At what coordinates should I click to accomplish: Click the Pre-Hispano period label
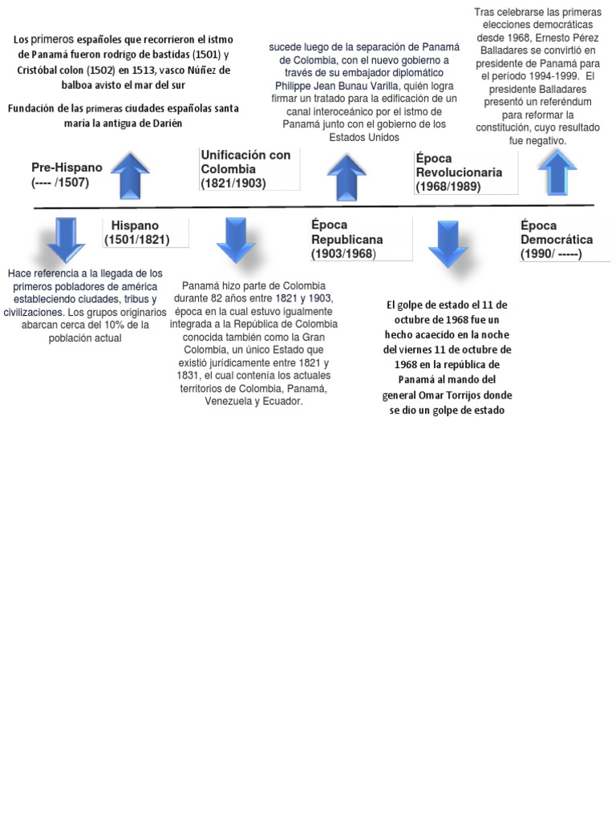(x=67, y=175)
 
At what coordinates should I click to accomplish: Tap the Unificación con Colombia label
(x=245, y=168)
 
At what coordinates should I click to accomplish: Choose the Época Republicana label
(x=346, y=239)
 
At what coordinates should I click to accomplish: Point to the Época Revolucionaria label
(x=459, y=172)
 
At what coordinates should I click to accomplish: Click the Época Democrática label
(x=557, y=239)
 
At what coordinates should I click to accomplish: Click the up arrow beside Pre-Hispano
(x=130, y=176)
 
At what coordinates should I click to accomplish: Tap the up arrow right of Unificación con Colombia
(x=346, y=177)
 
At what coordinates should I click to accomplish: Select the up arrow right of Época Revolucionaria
(x=557, y=172)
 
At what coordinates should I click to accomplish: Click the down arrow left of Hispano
(x=60, y=240)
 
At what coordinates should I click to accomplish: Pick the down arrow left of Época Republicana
(x=237, y=240)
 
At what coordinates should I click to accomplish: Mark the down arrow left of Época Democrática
(x=448, y=244)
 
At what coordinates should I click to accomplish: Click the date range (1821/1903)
(x=233, y=183)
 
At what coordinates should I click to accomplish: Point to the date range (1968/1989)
(x=448, y=187)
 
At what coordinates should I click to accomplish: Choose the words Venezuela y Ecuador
(x=253, y=401)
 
